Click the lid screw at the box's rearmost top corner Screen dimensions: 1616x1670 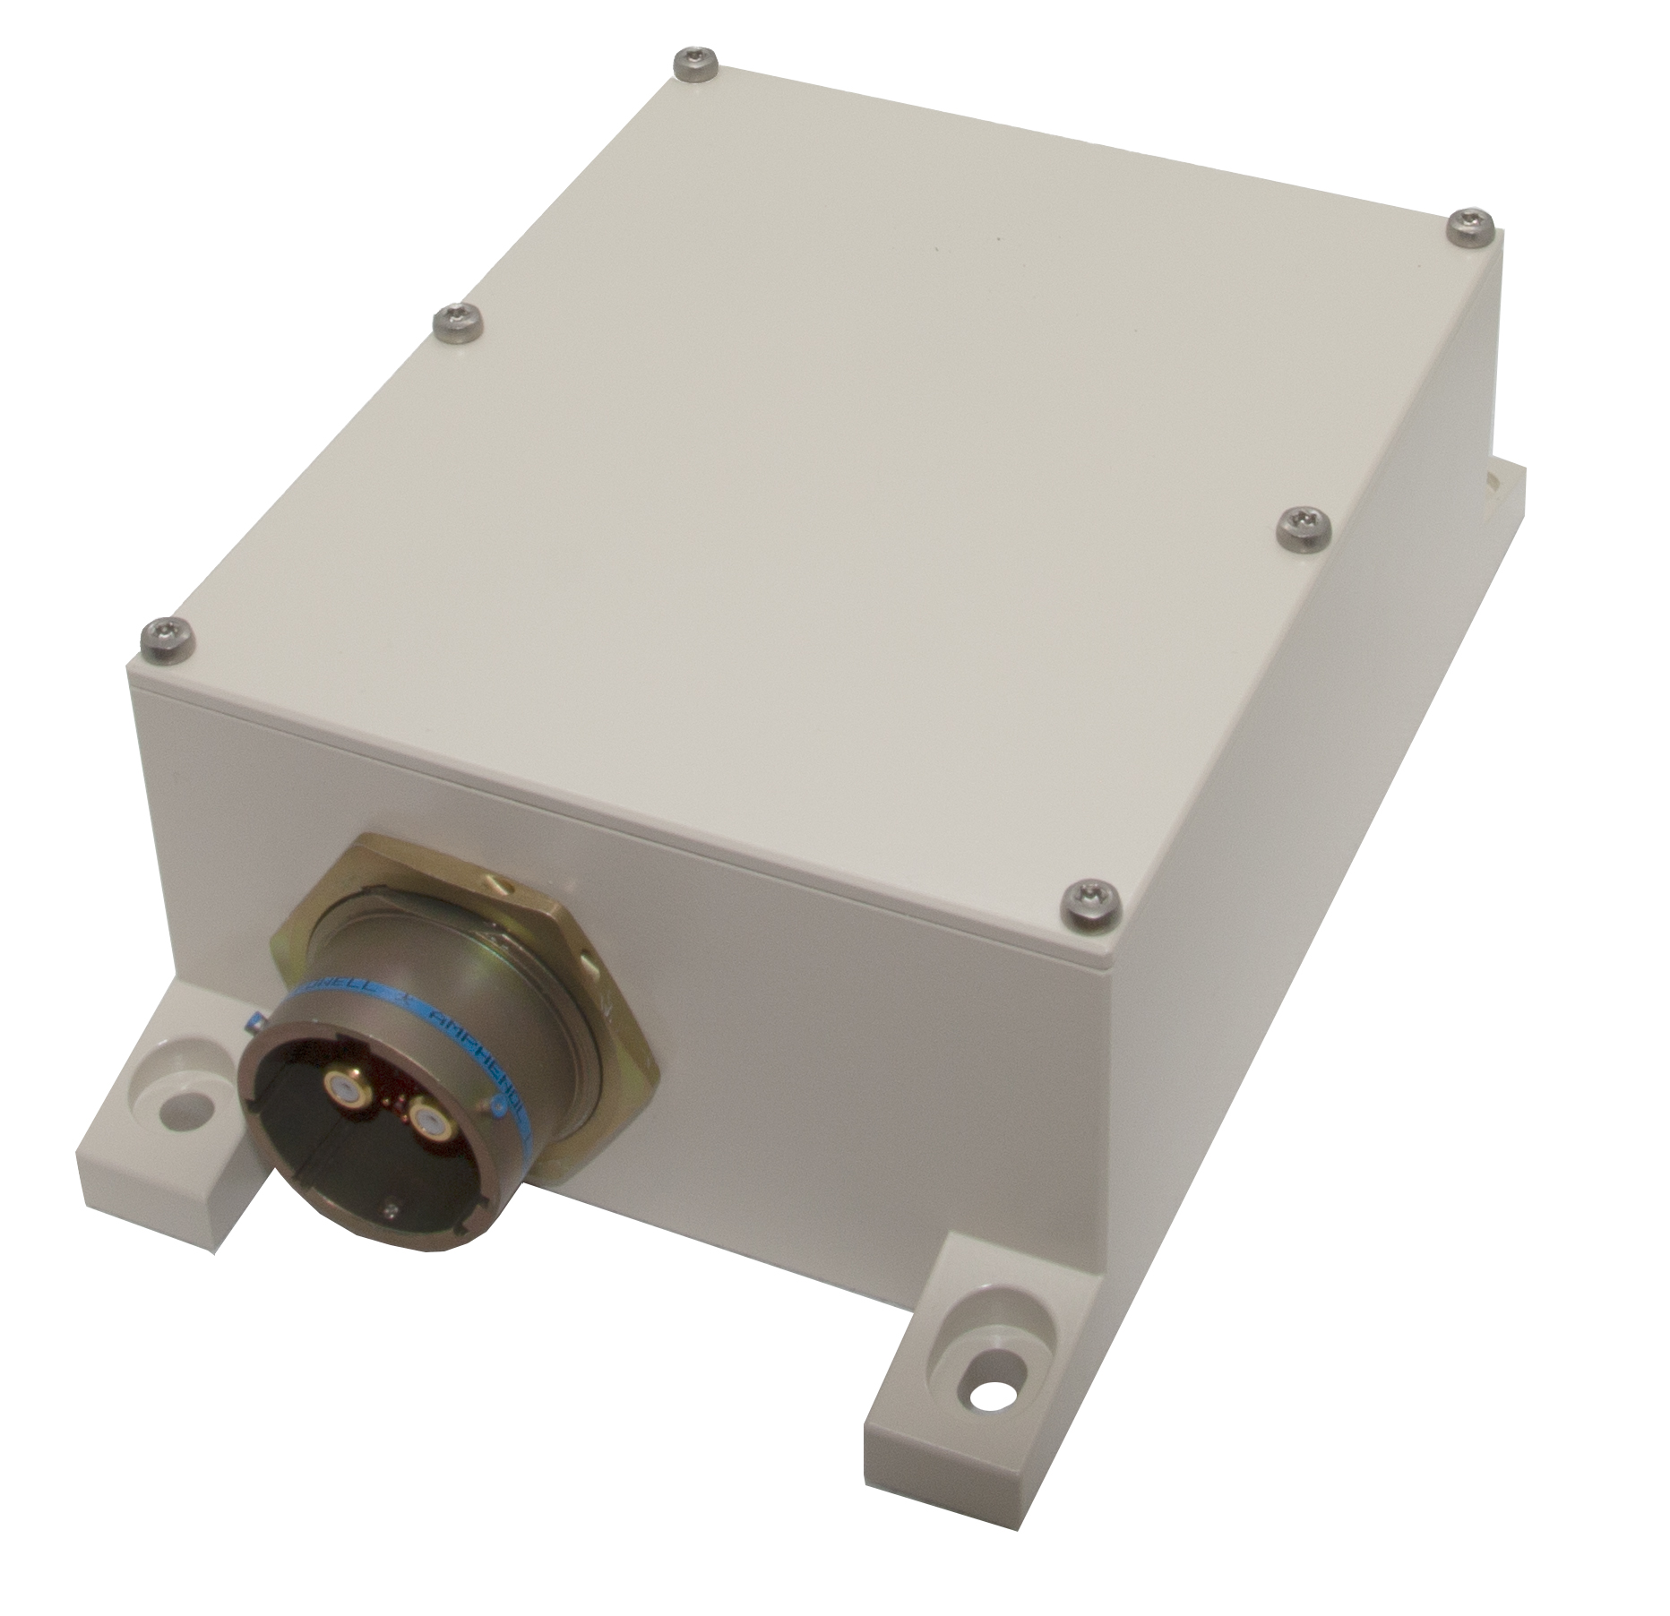pyautogui.click(x=691, y=63)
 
